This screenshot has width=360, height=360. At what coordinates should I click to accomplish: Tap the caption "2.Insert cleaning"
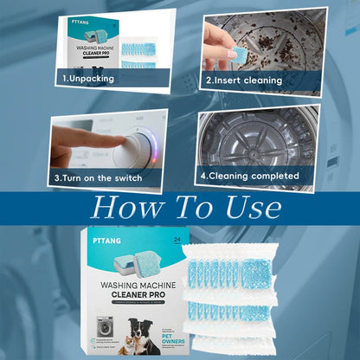(243, 80)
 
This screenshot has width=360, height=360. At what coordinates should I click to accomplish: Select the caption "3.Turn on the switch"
(98, 178)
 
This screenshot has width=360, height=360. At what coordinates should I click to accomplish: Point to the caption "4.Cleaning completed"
(250, 176)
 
